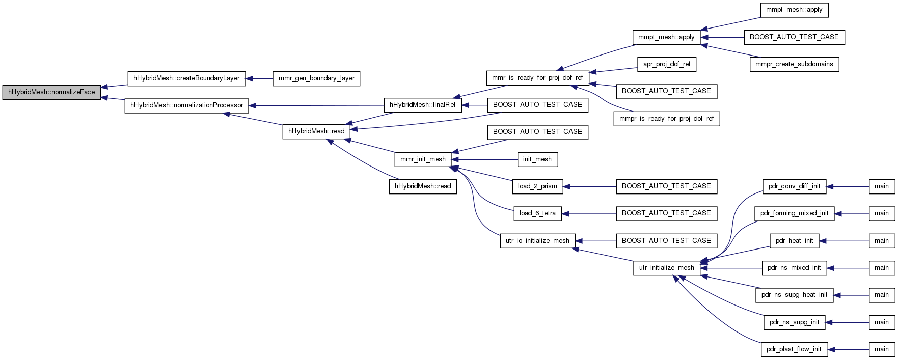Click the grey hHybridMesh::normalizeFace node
(x=52, y=92)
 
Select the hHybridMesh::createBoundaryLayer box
(x=186, y=78)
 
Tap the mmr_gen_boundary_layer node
(x=317, y=78)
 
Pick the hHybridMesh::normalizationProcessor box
(x=187, y=105)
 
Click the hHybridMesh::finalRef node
(x=423, y=105)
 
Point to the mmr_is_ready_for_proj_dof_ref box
(x=537, y=78)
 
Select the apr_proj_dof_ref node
(x=667, y=64)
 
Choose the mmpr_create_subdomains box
(x=794, y=64)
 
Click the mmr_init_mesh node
(x=423, y=159)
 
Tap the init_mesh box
(x=537, y=159)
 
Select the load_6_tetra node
(x=537, y=213)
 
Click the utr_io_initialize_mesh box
(x=537, y=241)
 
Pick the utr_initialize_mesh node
(x=667, y=268)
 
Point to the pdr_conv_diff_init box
(x=794, y=186)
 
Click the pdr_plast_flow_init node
(x=794, y=349)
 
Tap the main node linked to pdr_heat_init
(x=882, y=241)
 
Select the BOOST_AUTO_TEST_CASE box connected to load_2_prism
(x=666, y=186)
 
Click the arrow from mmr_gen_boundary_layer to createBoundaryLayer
(x=259, y=78)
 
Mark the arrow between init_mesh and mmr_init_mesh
(x=484, y=159)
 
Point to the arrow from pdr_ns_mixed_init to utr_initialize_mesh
(x=731, y=268)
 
